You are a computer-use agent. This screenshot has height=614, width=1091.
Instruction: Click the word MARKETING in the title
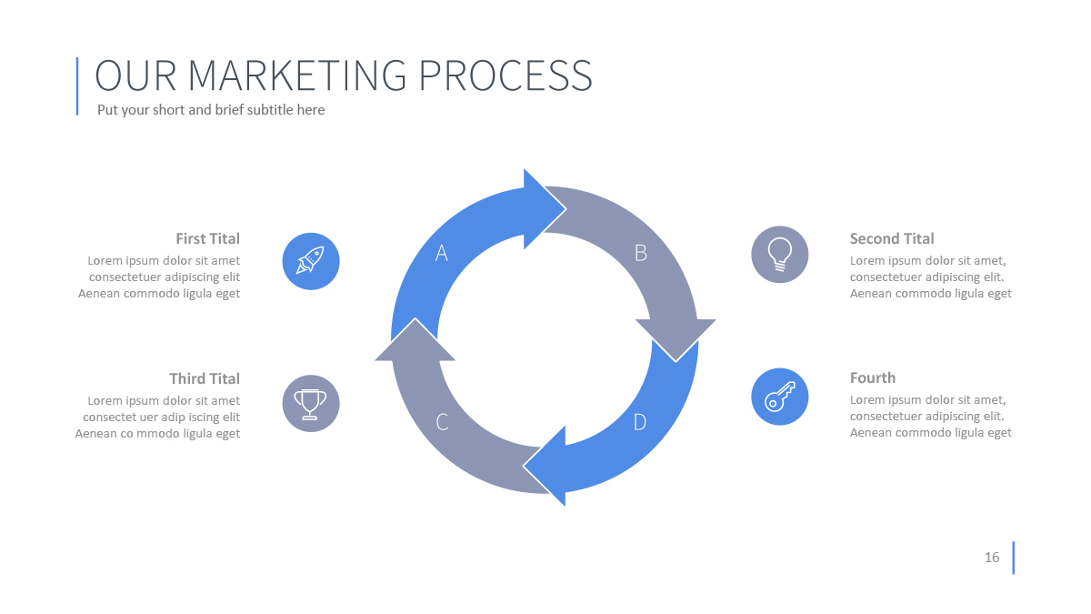click(298, 75)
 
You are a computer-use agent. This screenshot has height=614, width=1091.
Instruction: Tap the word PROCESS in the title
click(505, 75)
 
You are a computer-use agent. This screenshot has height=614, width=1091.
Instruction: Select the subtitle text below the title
click(211, 110)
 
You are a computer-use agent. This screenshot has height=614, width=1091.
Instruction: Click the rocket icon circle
click(311, 261)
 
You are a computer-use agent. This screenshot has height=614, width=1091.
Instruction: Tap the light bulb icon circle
click(779, 254)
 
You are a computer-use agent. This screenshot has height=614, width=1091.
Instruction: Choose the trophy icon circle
click(311, 403)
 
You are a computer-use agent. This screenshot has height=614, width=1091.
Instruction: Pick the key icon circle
click(779, 397)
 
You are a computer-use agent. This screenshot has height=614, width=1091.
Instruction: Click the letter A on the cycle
click(442, 253)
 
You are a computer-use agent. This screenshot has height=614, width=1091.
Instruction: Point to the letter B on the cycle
click(640, 253)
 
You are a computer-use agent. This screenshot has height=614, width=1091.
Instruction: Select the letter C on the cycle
click(442, 422)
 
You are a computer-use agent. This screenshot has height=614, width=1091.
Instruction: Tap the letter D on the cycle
click(640, 422)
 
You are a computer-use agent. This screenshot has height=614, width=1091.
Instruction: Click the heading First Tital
click(207, 238)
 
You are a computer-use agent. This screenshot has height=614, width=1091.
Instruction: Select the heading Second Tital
click(892, 238)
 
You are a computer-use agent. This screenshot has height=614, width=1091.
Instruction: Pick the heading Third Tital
click(205, 378)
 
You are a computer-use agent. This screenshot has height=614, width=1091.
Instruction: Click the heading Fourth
click(873, 377)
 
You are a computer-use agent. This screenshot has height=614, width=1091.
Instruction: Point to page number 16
click(992, 558)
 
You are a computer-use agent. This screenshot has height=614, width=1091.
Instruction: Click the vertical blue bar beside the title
click(77, 86)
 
